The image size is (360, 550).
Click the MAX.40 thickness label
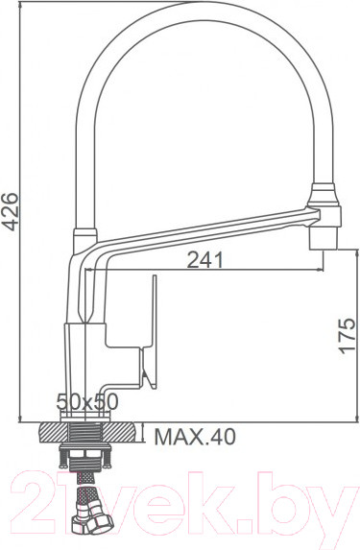(x=195, y=439)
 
